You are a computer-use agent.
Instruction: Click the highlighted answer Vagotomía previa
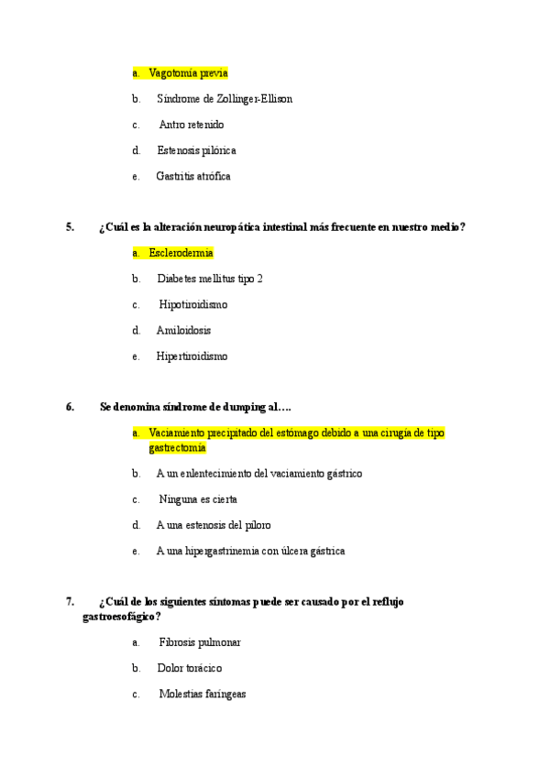tap(188, 72)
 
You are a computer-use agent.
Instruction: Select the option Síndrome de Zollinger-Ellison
tap(225, 98)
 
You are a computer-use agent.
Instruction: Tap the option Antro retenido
tap(191, 124)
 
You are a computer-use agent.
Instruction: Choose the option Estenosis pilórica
tap(196, 149)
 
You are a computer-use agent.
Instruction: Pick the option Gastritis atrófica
tap(193, 175)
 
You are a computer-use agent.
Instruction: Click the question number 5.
tap(70, 227)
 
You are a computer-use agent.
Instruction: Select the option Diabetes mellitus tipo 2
tap(210, 278)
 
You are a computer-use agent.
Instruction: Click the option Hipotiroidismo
tap(192, 303)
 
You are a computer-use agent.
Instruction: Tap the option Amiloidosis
tap(184, 330)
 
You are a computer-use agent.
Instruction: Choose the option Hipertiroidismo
tap(192, 356)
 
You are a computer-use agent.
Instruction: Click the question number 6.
tap(70, 407)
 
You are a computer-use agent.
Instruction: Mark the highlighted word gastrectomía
tap(177, 448)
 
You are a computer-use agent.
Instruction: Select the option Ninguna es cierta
tap(197, 499)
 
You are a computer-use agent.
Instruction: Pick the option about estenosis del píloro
tap(214, 525)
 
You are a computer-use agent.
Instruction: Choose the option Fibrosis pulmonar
tap(200, 642)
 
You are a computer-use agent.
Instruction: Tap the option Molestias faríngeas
tap(202, 695)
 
